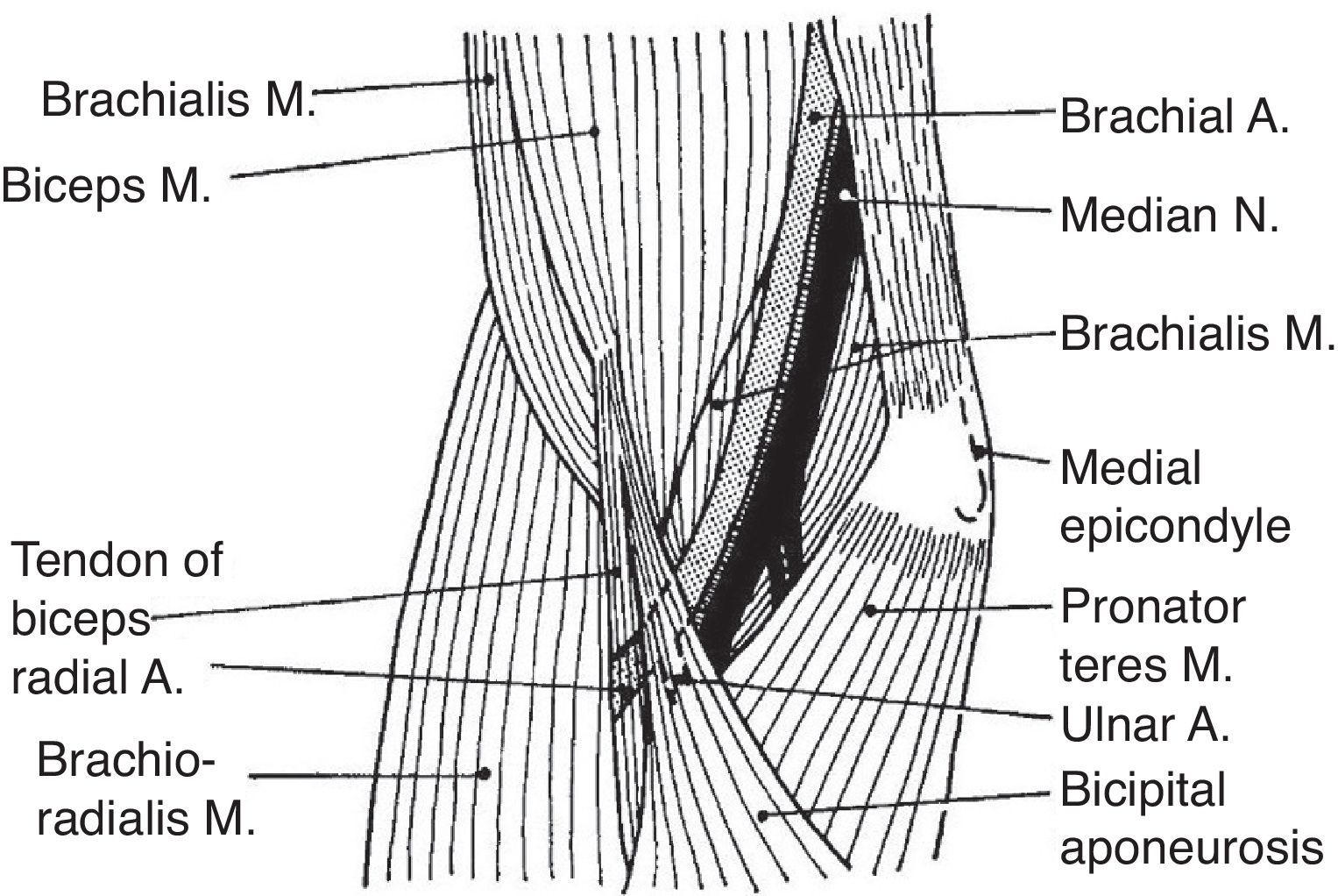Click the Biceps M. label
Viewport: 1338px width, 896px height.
click(106, 184)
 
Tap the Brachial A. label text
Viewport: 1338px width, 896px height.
click(1174, 117)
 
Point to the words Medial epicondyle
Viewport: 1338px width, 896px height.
click(1174, 497)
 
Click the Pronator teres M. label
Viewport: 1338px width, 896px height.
click(1152, 636)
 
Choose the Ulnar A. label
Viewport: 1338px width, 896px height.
click(1143, 727)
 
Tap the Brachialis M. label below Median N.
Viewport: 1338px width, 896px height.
click(1197, 334)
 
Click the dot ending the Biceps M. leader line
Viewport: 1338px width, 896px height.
click(594, 132)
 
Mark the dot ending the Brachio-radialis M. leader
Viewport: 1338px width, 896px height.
click(482, 773)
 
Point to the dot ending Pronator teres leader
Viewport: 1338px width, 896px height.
click(870, 610)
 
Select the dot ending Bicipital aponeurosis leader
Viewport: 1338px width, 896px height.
click(763, 815)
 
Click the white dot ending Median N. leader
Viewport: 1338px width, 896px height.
click(845, 194)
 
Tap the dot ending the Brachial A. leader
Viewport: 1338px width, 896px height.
click(815, 116)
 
